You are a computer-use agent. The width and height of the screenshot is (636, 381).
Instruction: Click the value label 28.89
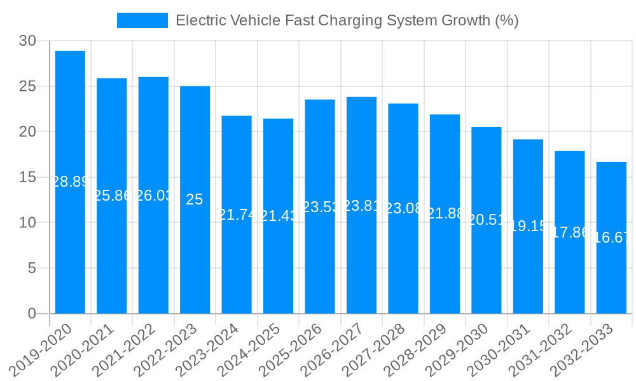70,182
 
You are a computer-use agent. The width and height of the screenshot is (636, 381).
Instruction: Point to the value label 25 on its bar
195,199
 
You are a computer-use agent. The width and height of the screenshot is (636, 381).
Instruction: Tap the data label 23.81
361,206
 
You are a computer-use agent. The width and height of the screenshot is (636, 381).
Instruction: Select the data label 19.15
528,226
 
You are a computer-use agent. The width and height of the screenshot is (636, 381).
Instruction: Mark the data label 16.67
611,237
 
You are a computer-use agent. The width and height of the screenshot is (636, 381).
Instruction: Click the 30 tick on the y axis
27,41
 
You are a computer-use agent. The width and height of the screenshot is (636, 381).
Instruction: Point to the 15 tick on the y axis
27,177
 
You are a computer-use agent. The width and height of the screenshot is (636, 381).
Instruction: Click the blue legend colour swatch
142,20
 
